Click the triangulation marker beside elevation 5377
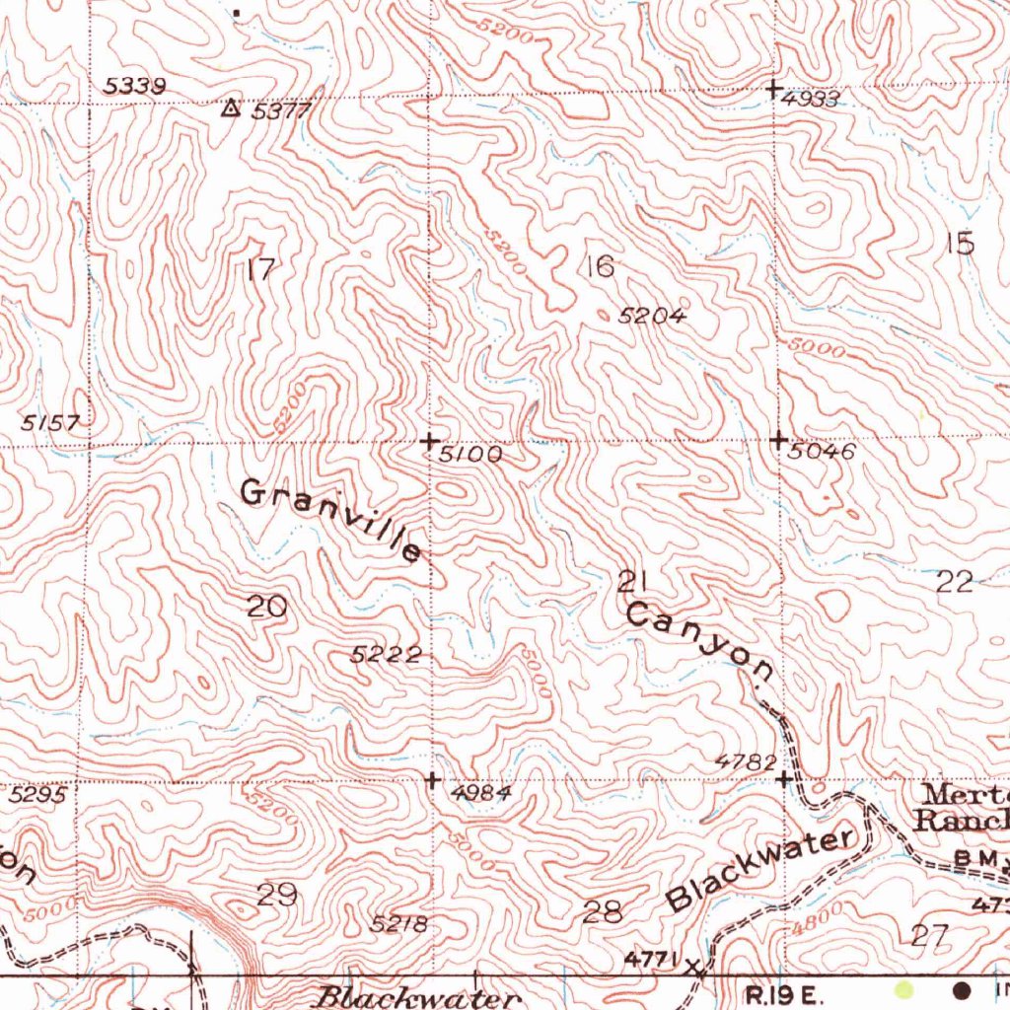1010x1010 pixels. (x=231, y=108)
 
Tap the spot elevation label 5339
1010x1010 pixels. (x=134, y=87)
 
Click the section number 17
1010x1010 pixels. (x=260, y=268)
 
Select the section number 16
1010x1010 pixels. (x=599, y=265)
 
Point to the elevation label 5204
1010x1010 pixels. (x=651, y=316)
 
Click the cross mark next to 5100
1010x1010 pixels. (x=429, y=441)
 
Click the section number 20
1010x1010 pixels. (x=266, y=608)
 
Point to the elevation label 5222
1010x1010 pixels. (x=387, y=654)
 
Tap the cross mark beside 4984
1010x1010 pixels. (x=432, y=780)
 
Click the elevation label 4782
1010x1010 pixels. (x=746, y=761)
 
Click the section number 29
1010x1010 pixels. (x=277, y=896)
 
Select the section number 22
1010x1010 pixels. (x=955, y=582)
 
